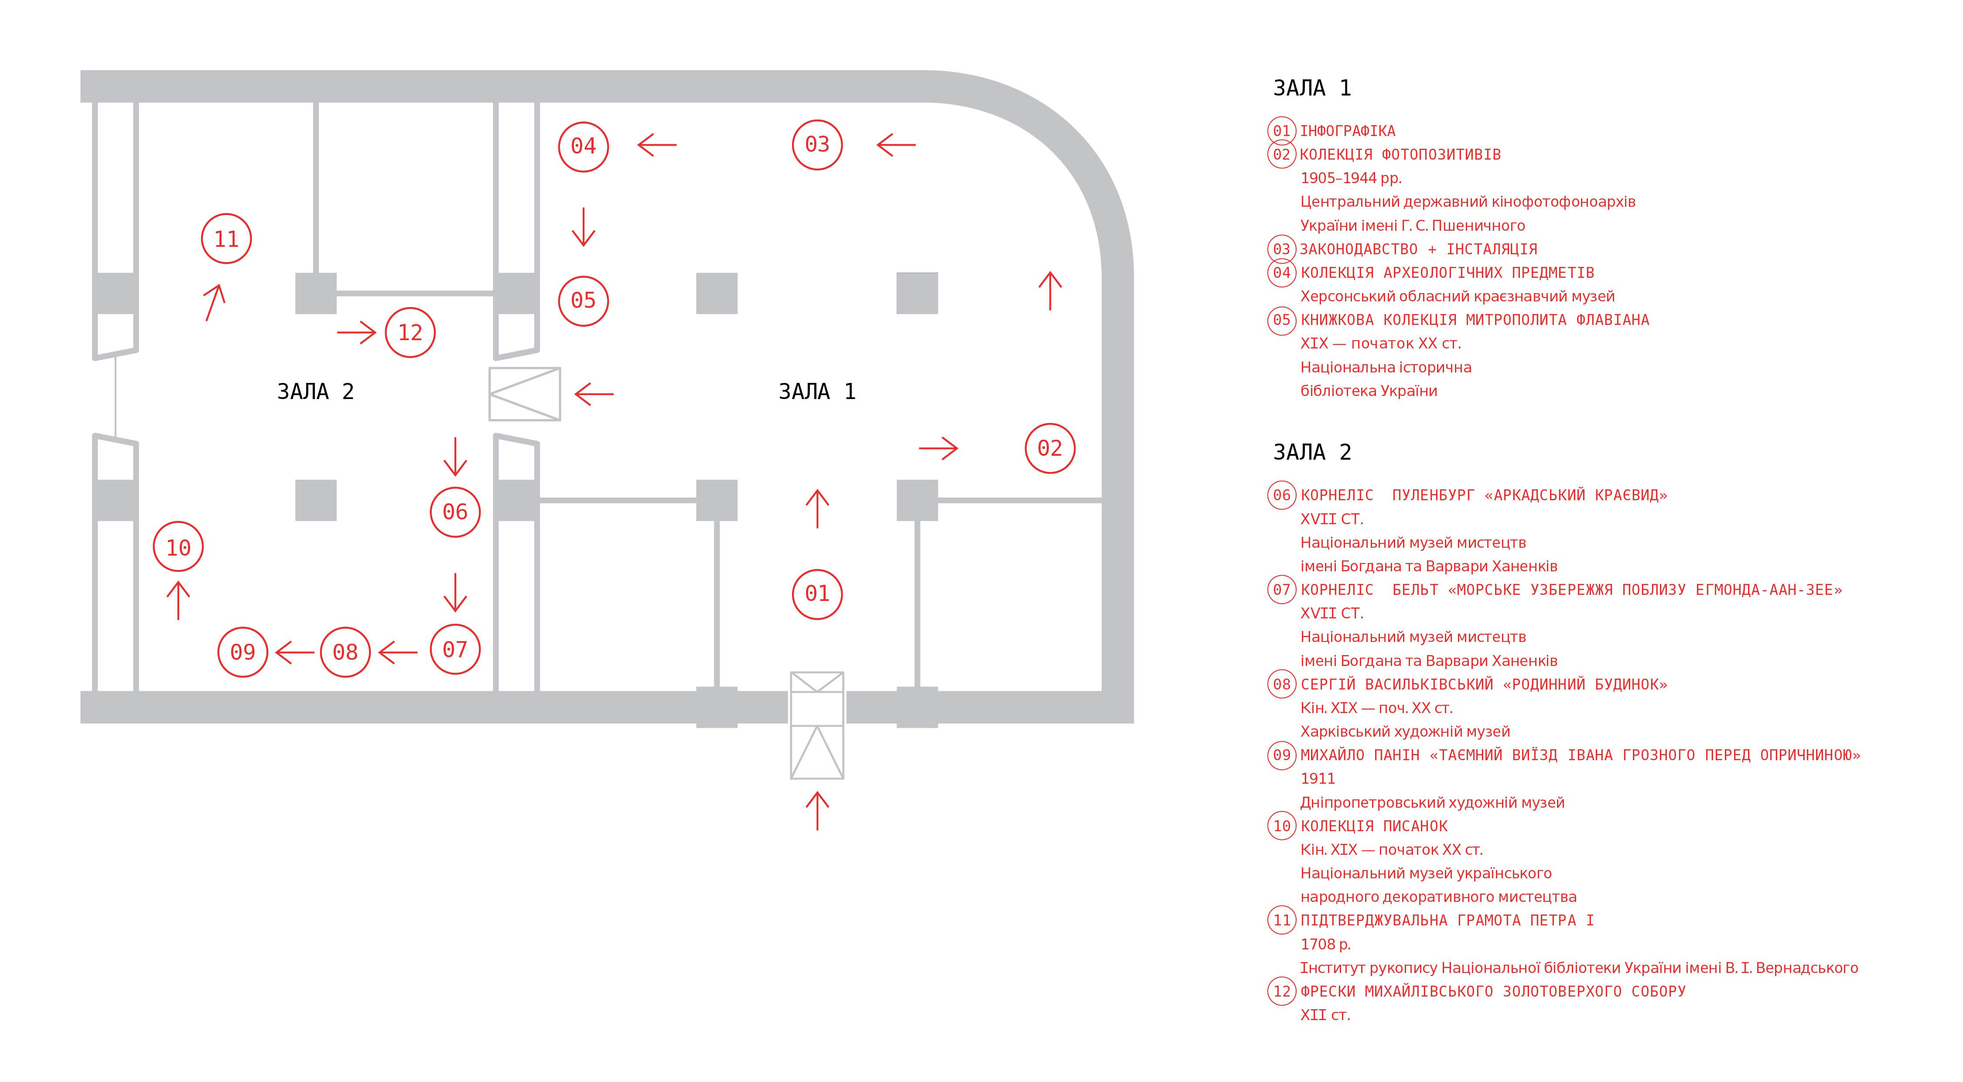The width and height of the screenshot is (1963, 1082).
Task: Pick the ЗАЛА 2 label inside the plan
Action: (x=315, y=392)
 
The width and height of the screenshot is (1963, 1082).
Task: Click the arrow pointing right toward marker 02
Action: (x=938, y=448)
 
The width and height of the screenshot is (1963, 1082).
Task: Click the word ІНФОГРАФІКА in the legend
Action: (x=1347, y=131)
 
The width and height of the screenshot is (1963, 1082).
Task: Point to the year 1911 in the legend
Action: (x=1318, y=779)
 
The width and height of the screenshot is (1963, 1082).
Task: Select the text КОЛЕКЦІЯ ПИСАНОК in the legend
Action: (x=1373, y=826)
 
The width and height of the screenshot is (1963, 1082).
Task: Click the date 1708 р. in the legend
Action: (x=1325, y=944)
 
